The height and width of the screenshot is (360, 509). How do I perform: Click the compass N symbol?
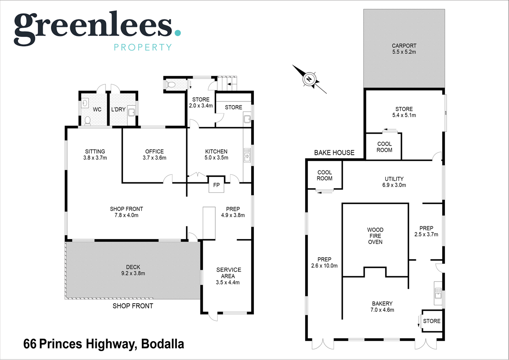click(x=309, y=79)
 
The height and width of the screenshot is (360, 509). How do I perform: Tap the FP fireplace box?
click(x=216, y=185)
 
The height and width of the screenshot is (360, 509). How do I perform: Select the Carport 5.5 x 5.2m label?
click(x=404, y=49)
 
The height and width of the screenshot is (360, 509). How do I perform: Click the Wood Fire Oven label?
click(x=375, y=236)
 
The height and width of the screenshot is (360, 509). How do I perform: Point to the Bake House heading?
click(x=334, y=153)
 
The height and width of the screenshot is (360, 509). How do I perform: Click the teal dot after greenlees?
click(x=178, y=33)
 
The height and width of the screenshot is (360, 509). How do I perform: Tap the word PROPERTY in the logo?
click(x=143, y=47)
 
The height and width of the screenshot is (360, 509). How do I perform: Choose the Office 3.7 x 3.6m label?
click(x=154, y=155)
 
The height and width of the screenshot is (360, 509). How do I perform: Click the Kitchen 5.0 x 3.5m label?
click(x=216, y=155)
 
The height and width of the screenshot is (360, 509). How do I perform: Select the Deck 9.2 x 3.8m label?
click(x=133, y=270)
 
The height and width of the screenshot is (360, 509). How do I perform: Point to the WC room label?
click(x=97, y=110)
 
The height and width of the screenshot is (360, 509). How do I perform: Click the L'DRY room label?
click(x=118, y=110)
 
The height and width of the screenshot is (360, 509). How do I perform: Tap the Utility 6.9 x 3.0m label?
click(x=394, y=182)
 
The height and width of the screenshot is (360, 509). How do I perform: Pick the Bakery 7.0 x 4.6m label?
click(x=382, y=307)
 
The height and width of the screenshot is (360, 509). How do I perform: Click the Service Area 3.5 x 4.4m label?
click(x=229, y=276)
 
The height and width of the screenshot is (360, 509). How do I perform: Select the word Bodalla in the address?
click(x=162, y=344)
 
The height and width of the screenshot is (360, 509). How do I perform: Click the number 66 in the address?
click(x=30, y=344)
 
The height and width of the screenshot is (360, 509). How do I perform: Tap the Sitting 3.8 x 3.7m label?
click(x=95, y=155)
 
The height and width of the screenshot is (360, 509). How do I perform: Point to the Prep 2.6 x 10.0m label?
click(x=324, y=263)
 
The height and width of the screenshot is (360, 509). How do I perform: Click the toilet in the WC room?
click(x=87, y=121)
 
